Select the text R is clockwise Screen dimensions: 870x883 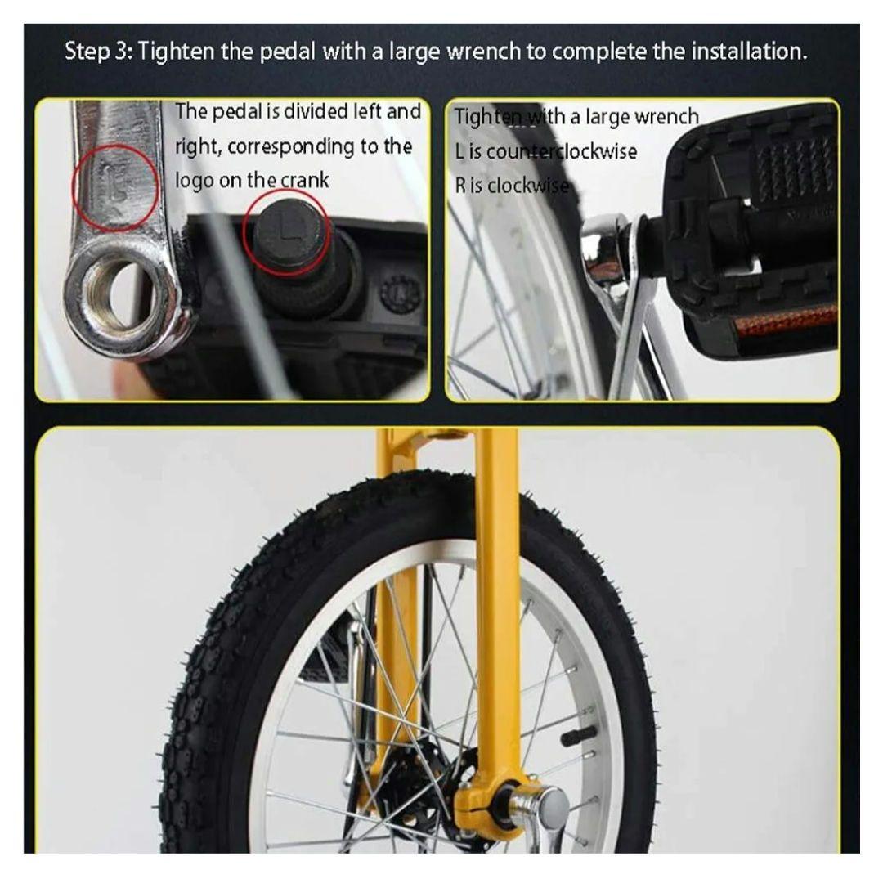511,186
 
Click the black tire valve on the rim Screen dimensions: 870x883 581,738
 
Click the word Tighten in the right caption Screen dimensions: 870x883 481,118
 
